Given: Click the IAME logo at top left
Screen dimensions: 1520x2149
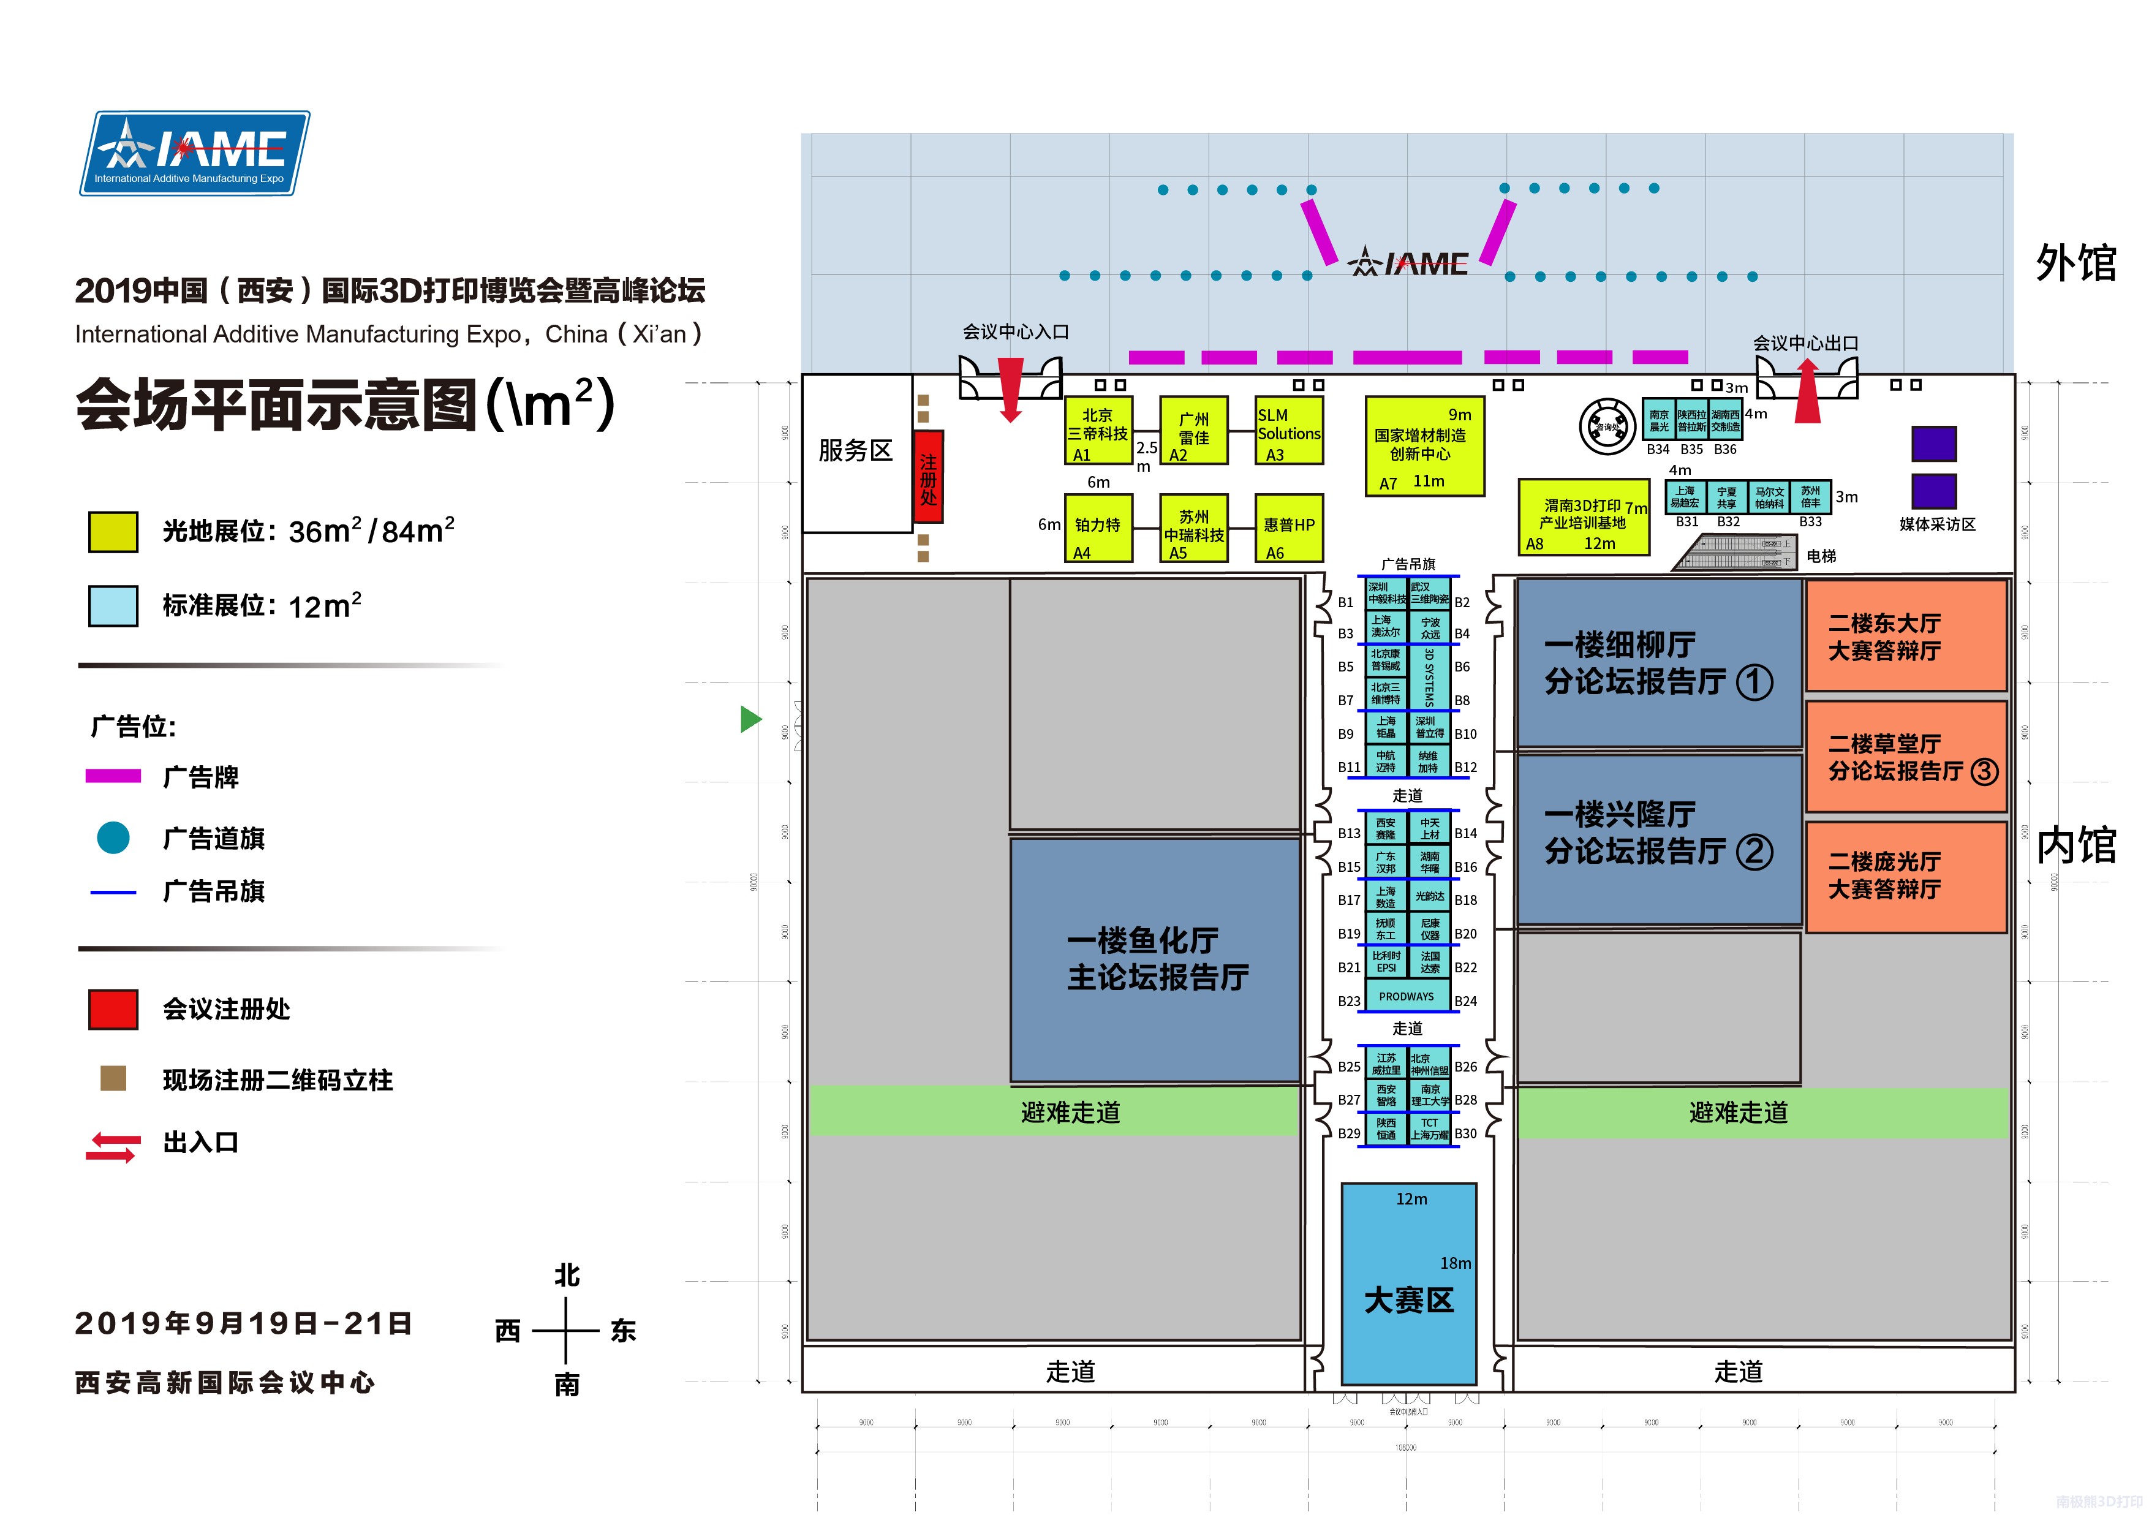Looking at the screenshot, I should [x=195, y=153].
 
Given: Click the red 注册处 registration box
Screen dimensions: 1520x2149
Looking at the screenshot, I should [x=927, y=477].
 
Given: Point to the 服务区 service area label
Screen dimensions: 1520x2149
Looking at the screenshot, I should [x=855, y=451].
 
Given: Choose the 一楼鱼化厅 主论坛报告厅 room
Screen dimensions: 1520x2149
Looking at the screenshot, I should [x=1156, y=959].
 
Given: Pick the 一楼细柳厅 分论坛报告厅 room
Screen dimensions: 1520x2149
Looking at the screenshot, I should [x=1658, y=663].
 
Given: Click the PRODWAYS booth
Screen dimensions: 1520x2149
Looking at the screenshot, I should [x=1407, y=997].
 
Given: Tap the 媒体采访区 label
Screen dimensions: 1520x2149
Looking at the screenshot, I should [x=1936, y=525].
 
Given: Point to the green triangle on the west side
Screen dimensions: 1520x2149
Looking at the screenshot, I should [x=750, y=719].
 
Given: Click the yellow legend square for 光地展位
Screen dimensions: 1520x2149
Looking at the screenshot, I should [x=113, y=532].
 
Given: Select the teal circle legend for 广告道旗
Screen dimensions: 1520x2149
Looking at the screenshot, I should [x=113, y=837].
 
